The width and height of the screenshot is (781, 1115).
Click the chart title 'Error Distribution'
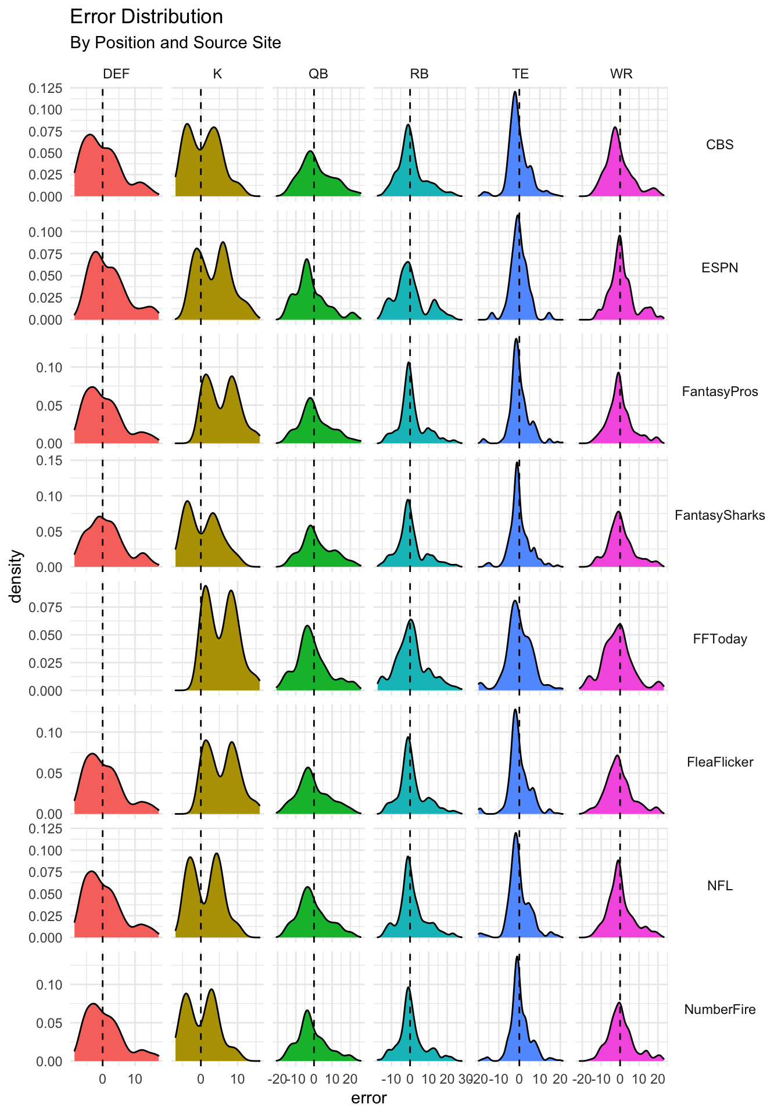[146, 17]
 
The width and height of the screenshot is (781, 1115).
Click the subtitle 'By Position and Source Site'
[175, 43]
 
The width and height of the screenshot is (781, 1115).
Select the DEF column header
[116, 74]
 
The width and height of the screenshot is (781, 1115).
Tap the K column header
[217, 74]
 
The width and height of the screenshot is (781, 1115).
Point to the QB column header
[318, 74]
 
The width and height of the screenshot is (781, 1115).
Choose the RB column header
[419, 74]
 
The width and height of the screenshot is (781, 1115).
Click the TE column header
[520, 74]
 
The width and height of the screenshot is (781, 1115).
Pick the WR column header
[621, 74]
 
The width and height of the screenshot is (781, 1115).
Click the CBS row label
[719, 145]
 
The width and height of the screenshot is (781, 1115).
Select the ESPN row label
[719, 268]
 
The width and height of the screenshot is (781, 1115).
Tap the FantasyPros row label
[719, 391]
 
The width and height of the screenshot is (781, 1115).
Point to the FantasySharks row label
[719, 515]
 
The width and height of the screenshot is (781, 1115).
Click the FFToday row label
[719, 639]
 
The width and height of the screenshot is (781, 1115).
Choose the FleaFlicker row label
[719, 762]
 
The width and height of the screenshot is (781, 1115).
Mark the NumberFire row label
[719, 1009]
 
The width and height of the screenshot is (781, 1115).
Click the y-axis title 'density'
[17, 576]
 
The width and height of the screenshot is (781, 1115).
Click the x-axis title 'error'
[369, 1098]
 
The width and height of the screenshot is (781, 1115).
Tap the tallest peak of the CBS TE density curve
[515, 92]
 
